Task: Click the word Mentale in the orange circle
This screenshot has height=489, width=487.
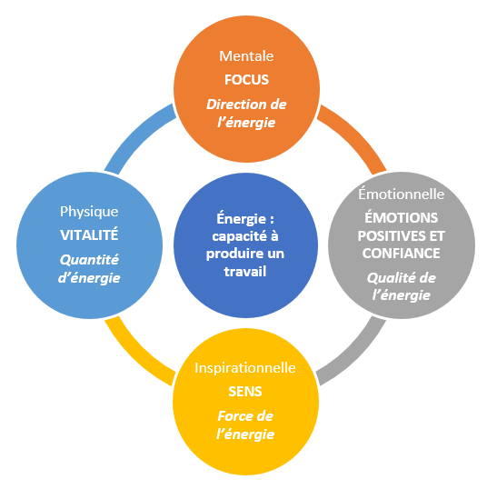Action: coord(246,56)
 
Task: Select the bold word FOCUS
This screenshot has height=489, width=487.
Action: coord(246,80)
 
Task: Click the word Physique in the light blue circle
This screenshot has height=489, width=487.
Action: coord(89,212)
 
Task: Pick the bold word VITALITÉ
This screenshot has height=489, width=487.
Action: coord(89,235)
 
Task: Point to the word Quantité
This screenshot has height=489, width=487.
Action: coord(89,260)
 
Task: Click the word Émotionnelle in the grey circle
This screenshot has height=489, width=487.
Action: coord(402,194)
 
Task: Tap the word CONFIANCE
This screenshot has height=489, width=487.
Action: coord(402,254)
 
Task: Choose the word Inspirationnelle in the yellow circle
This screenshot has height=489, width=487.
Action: coord(245,368)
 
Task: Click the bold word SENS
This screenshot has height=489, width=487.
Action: coord(245,392)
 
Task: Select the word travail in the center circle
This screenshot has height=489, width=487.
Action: coord(245,272)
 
